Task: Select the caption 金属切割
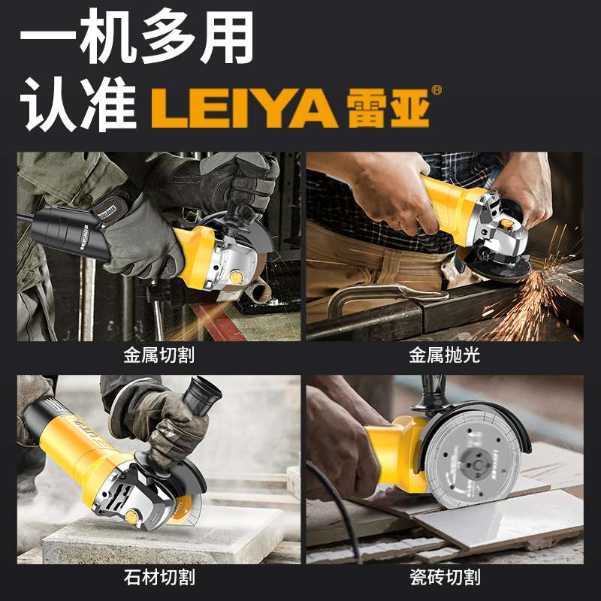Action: click(x=159, y=355)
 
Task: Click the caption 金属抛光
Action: click(x=444, y=355)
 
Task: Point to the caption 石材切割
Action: click(x=159, y=577)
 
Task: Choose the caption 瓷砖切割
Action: click(x=444, y=577)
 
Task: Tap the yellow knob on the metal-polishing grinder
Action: click(x=508, y=222)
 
